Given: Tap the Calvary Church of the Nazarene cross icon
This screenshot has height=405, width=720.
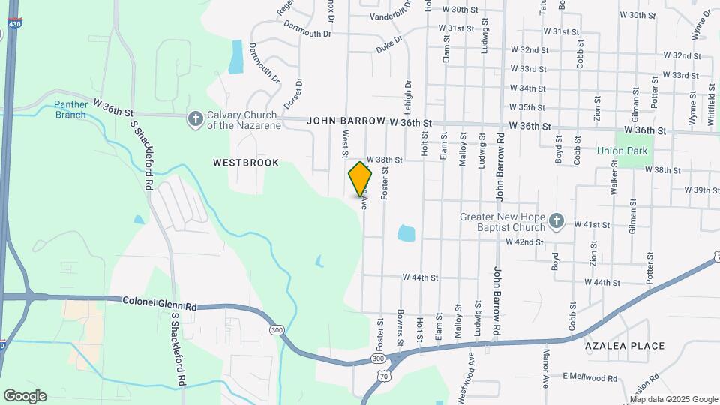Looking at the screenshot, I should coord(195,118).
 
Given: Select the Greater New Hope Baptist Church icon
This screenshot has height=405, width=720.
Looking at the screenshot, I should coord(556,220).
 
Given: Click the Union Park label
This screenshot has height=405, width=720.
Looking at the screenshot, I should coord(622,151).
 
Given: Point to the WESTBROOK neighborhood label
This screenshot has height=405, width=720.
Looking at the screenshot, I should coord(246,163).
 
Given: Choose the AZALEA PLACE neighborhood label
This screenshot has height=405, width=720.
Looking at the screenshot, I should coord(625,346).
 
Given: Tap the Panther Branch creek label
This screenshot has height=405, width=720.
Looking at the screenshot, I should coord(70,109).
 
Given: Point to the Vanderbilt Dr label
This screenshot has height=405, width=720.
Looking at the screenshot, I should coord(397,15).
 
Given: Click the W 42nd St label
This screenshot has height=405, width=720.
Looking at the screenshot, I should coord(524,241).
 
